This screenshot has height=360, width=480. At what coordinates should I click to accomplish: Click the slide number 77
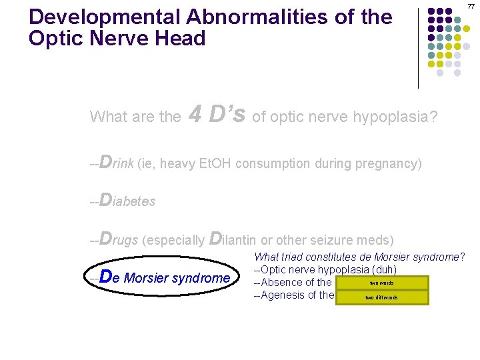click(x=471, y=6)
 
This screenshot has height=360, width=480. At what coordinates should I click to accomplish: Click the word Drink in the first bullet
click(x=117, y=163)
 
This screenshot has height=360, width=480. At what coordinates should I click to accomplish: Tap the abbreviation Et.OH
click(x=217, y=163)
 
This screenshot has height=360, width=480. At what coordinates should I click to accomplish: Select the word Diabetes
click(x=127, y=201)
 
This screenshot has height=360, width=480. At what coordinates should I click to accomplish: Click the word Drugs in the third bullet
click(x=119, y=239)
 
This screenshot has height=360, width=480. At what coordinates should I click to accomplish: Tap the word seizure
click(x=338, y=239)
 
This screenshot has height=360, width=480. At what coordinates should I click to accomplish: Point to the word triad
click(x=293, y=257)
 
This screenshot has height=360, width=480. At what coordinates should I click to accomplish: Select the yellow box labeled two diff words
click(x=381, y=297)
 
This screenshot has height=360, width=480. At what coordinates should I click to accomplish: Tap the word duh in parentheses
click(x=383, y=270)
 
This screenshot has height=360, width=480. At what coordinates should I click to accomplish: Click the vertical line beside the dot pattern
click(x=419, y=47)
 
